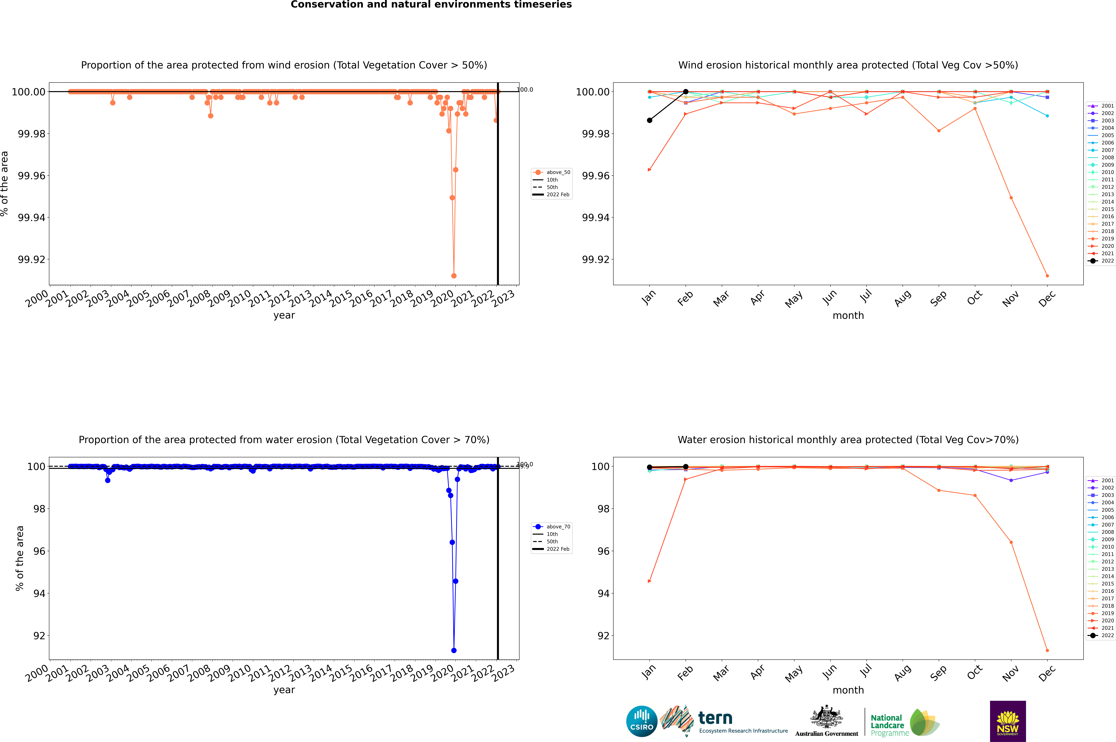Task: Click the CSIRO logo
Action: coord(641,721)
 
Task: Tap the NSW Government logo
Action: coord(1008,721)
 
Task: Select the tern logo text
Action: coord(715,718)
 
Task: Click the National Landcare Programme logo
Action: coord(905,723)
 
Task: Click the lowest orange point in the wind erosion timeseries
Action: coord(454,275)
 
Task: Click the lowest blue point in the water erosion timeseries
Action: coord(454,650)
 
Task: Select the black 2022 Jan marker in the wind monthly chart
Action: coord(650,120)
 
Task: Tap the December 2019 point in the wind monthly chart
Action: coord(1047,275)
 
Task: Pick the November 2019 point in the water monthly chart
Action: coord(1011,542)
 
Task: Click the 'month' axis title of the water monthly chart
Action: coord(848,690)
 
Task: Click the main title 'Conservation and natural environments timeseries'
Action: coord(431,5)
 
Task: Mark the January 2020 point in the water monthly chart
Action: coord(650,581)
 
